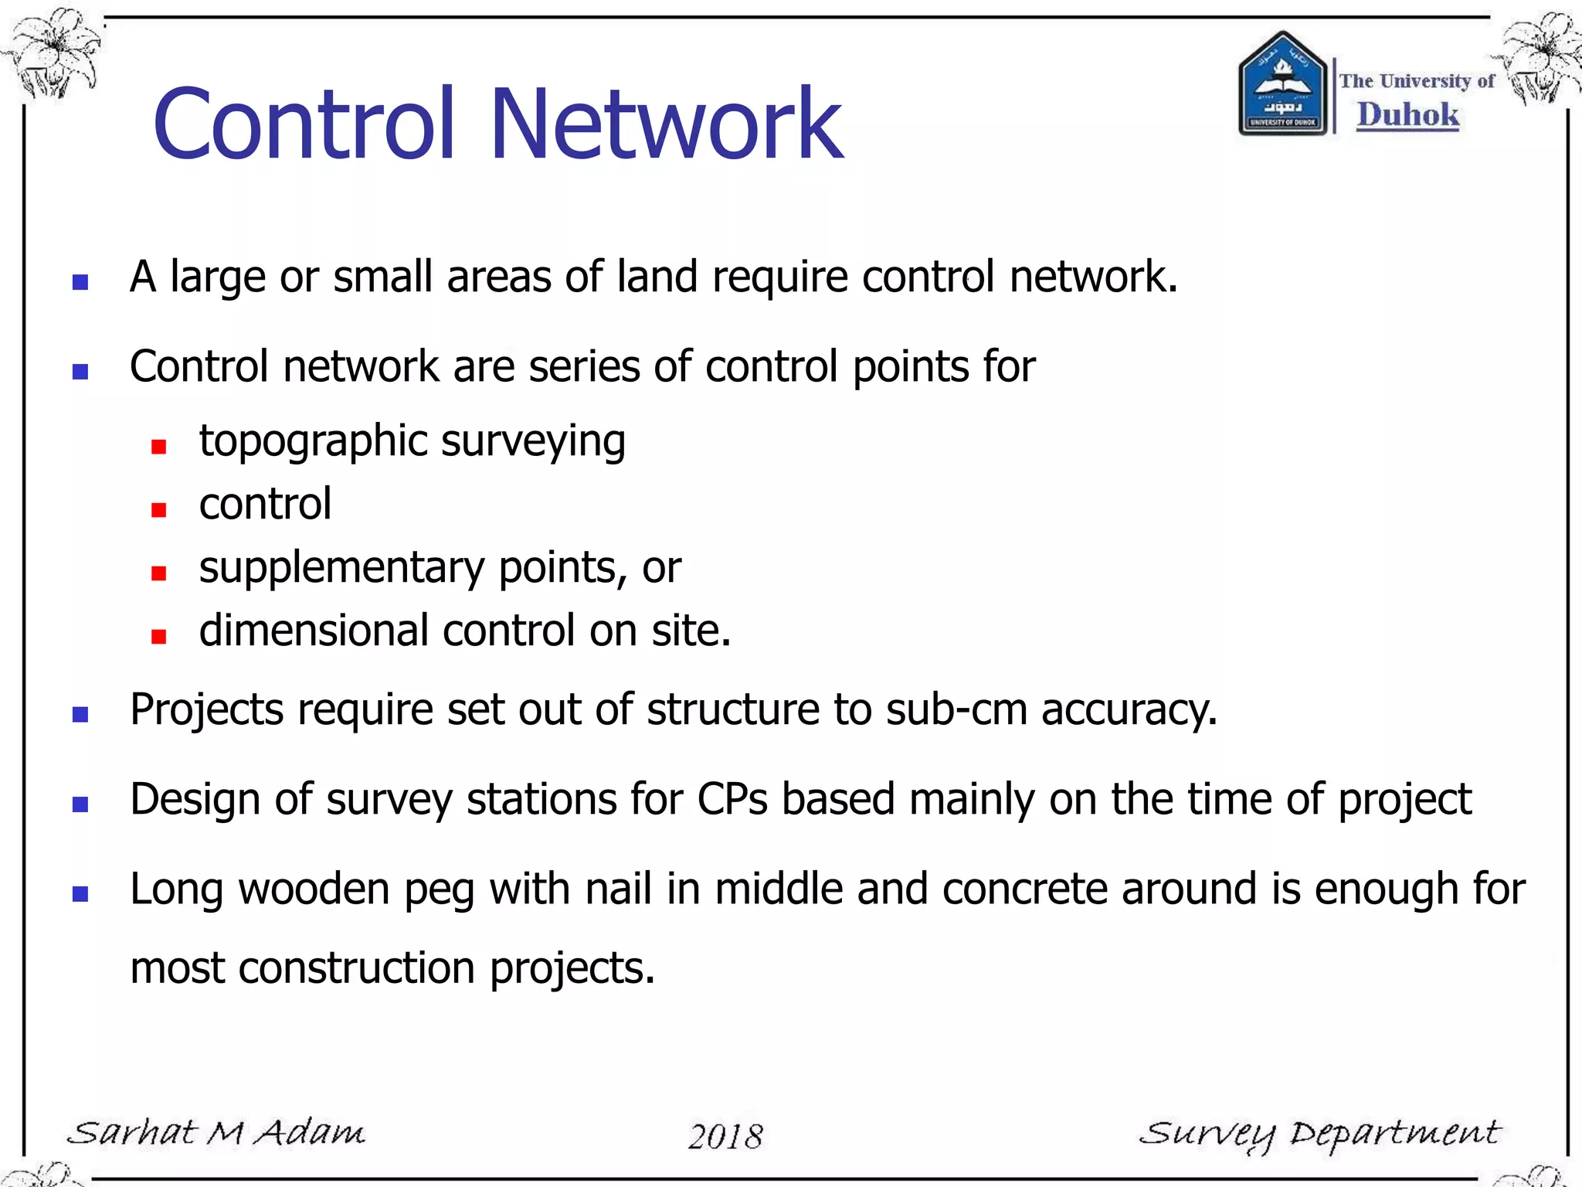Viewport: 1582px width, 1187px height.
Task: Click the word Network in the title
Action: (x=666, y=124)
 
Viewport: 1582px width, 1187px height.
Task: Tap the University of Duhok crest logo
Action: (x=1282, y=83)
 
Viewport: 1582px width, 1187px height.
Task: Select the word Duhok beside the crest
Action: (x=1408, y=114)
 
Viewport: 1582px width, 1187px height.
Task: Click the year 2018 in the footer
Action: (x=725, y=1137)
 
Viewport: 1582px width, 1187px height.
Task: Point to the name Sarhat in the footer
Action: (x=132, y=1132)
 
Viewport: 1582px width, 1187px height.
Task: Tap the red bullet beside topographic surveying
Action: (x=159, y=447)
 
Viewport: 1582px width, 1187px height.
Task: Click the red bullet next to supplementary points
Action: (x=159, y=573)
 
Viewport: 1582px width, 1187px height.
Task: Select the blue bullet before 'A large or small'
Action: (x=80, y=282)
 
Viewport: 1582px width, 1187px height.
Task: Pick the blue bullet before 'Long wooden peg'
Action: (x=80, y=894)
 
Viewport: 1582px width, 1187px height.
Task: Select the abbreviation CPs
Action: (x=732, y=799)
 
